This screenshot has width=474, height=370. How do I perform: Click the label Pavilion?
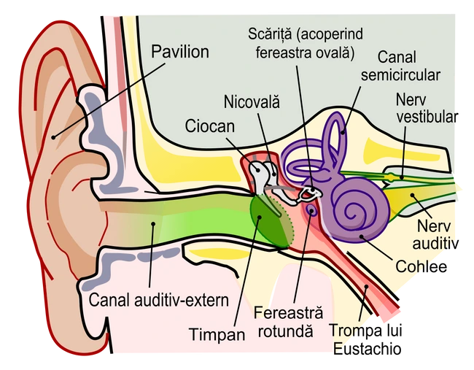180,52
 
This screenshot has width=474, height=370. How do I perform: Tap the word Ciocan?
210,126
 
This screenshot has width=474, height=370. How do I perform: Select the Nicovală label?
252,101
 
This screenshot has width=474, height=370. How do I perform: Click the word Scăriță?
270,34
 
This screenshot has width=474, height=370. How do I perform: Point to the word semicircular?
400,75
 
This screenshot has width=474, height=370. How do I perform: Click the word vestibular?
427,117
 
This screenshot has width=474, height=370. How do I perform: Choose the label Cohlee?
421,266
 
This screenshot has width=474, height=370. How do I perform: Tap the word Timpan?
217,335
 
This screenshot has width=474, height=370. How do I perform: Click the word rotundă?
285,331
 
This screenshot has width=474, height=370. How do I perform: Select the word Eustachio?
367,349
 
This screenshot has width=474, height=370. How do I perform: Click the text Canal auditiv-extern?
159,301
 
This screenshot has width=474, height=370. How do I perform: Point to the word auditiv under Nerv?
435,244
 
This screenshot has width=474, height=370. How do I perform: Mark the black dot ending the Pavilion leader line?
53,137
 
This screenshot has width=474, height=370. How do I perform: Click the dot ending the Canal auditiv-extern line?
153,224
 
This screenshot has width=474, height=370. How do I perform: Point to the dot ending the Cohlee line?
361,236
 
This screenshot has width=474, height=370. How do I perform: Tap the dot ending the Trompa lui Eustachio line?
367,286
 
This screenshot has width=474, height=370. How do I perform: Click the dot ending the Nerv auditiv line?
412,195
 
